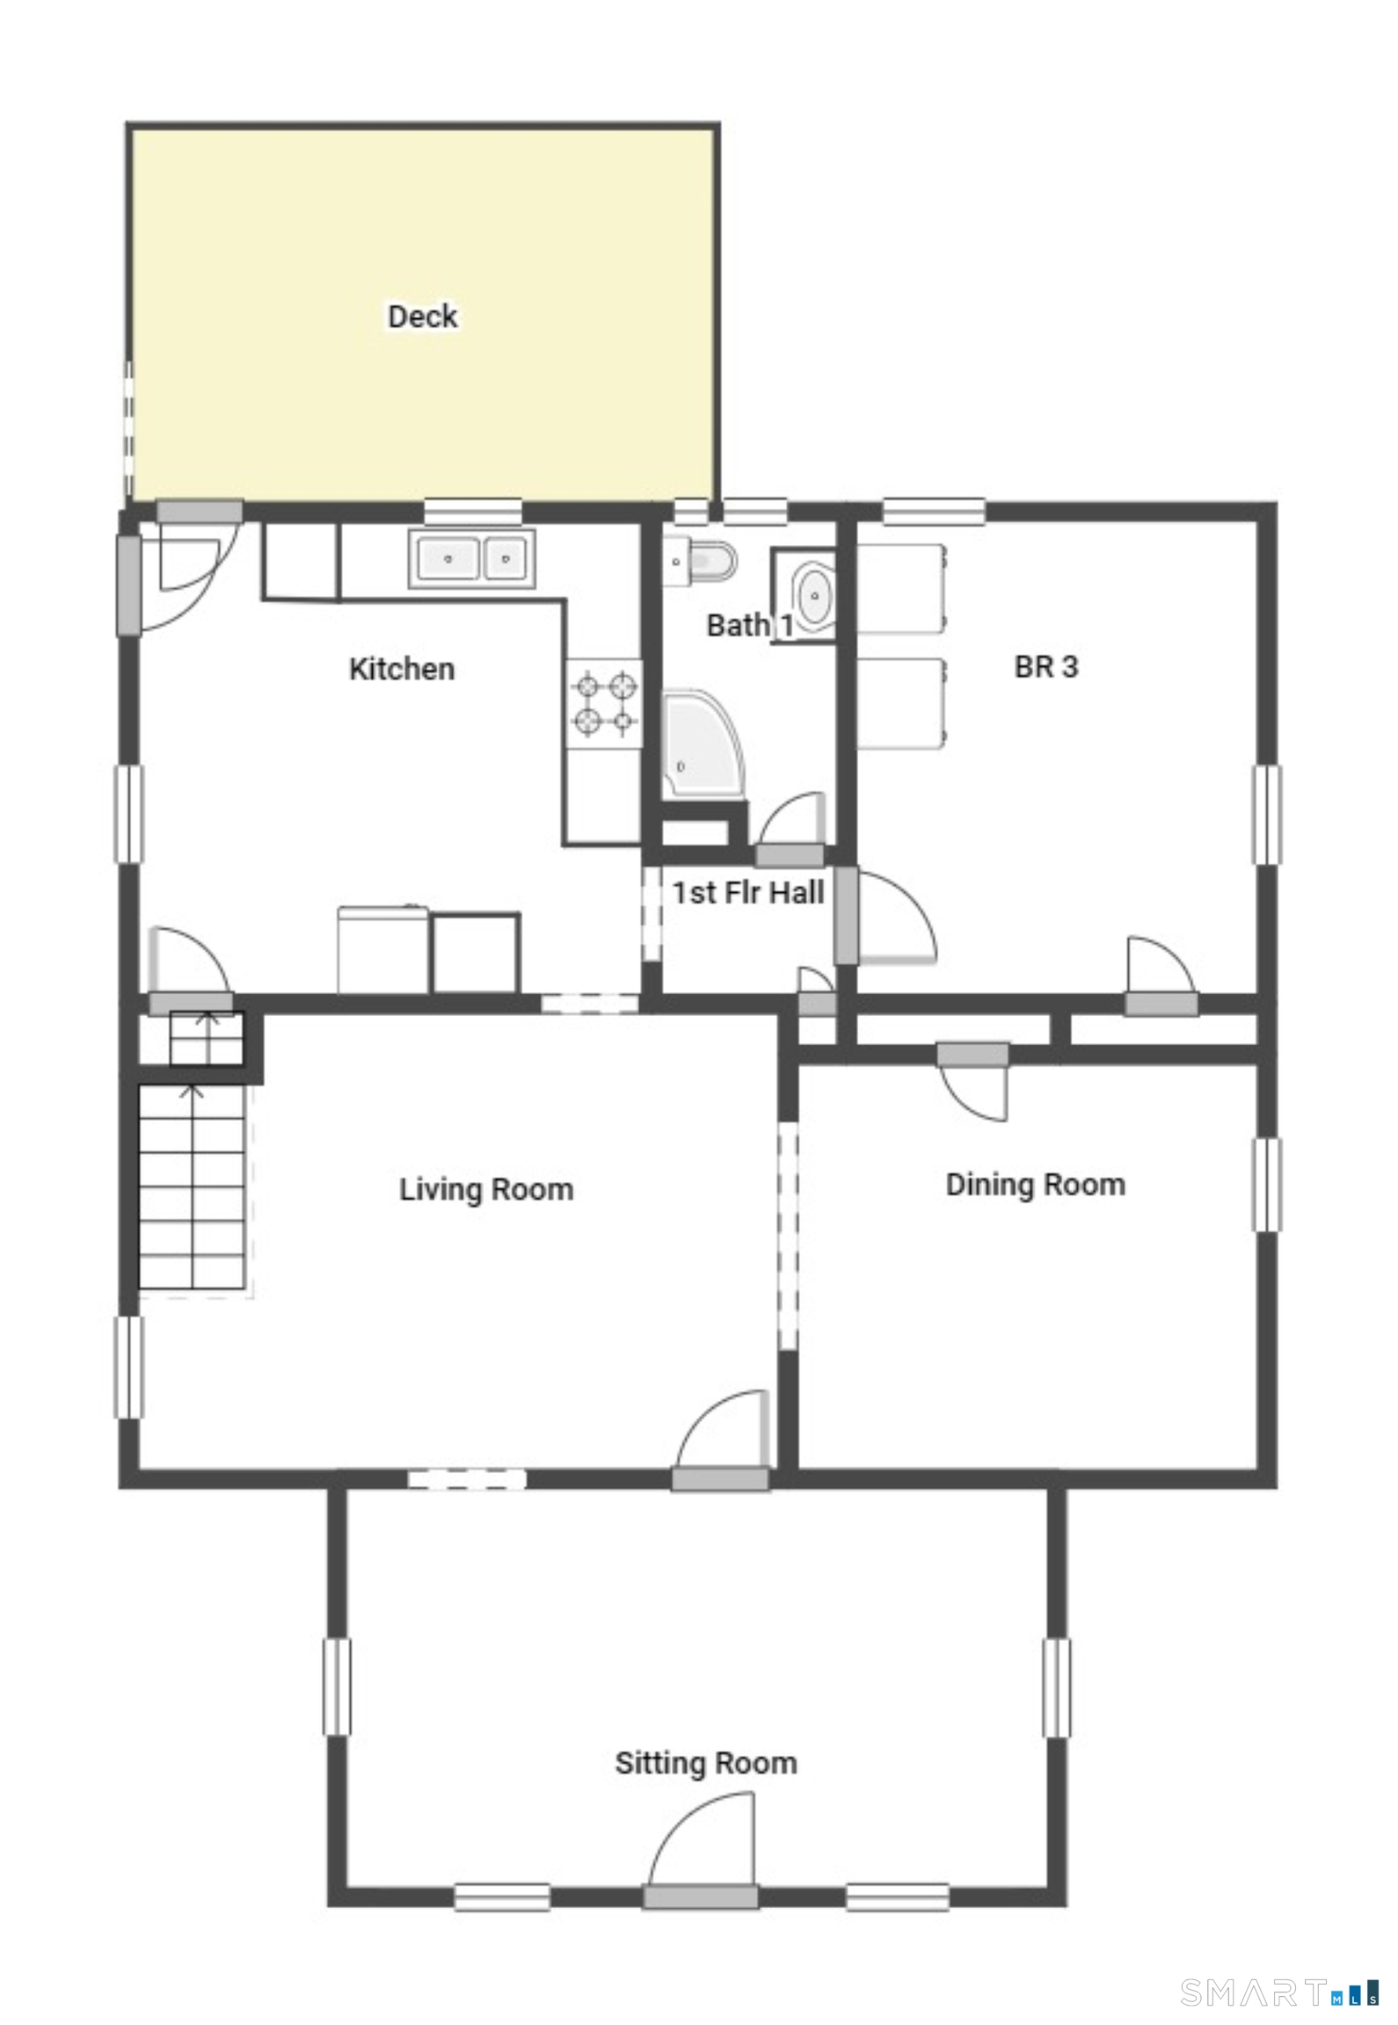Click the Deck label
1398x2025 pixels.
[422, 316]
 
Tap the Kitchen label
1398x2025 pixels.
[402, 669]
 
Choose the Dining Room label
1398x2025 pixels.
[1035, 1185]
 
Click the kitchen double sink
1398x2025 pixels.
[471, 558]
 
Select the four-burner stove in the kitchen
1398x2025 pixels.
[604, 704]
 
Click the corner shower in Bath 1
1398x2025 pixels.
[703, 744]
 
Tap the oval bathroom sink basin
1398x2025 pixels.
[815, 596]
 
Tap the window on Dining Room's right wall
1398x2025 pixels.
[1266, 1185]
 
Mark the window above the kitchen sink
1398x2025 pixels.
[473, 512]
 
